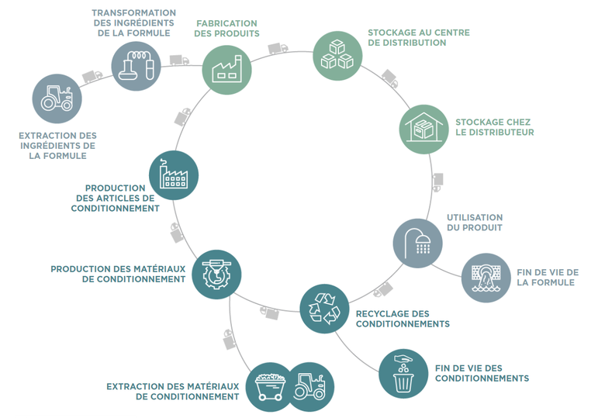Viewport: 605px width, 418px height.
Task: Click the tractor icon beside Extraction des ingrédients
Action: (x=57, y=99)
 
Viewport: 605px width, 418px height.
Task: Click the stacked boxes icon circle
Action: (x=338, y=55)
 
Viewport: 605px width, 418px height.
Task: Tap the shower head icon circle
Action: (x=417, y=243)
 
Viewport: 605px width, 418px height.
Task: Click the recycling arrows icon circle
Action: (x=325, y=308)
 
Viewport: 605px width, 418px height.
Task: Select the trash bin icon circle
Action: (x=403, y=374)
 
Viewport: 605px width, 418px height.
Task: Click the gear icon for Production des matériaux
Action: (x=216, y=275)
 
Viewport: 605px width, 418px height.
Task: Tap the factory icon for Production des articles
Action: (x=174, y=174)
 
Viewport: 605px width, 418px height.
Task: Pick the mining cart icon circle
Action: (x=270, y=385)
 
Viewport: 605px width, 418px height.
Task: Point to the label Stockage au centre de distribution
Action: (x=418, y=38)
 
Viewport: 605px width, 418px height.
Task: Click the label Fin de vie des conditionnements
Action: (x=482, y=373)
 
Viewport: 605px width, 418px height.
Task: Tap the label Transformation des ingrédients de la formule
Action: (x=133, y=23)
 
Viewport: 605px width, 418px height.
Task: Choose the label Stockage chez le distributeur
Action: (x=494, y=127)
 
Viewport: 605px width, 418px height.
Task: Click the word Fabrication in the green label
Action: (x=226, y=23)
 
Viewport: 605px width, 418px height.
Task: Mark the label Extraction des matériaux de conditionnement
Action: (x=172, y=391)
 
